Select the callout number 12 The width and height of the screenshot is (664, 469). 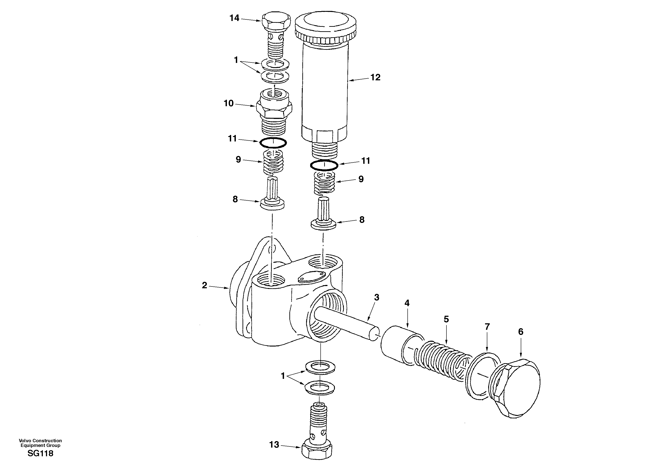(x=375, y=77)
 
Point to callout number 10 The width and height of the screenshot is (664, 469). (x=228, y=104)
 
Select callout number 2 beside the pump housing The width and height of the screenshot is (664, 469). (x=204, y=285)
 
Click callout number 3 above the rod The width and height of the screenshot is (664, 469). (x=377, y=297)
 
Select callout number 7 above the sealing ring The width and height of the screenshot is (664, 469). (x=487, y=327)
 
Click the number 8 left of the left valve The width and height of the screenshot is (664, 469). (x=235, y=199)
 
